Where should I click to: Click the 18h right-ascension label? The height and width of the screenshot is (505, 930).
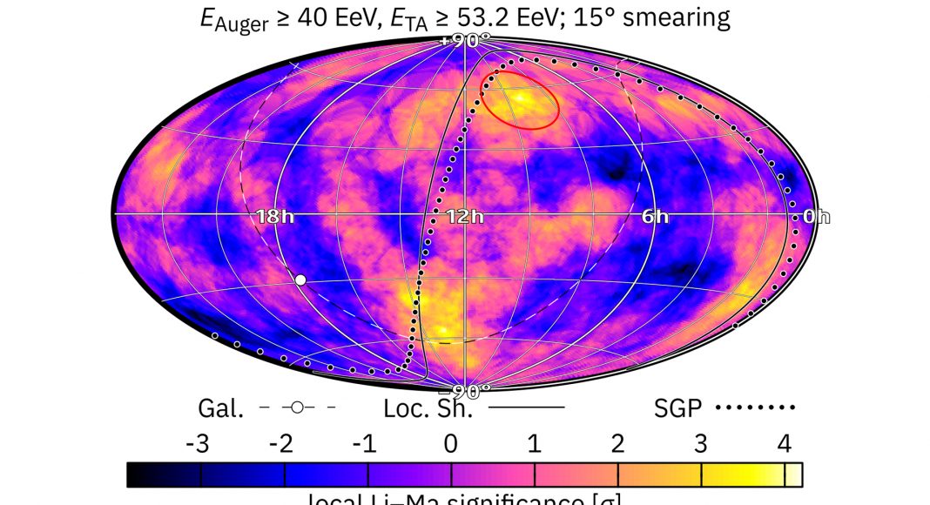(274, 217)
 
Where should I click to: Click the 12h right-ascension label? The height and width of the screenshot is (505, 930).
(464, 217)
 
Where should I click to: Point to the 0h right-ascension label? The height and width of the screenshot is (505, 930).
(816, 217)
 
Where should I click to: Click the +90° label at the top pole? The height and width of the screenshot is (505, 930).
(465, 40)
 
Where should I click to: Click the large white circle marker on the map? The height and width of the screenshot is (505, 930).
(300, 279)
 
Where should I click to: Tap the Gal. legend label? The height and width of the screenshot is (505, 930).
(217, 407)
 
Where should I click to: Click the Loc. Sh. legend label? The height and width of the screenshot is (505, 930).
(428, 407)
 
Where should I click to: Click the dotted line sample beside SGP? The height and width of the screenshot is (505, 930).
(756, 407)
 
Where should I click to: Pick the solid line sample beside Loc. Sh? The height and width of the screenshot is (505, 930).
(527, 407)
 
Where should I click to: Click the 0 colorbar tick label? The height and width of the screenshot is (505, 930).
(450, 444)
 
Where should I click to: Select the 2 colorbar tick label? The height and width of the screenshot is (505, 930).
(617, 444)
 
